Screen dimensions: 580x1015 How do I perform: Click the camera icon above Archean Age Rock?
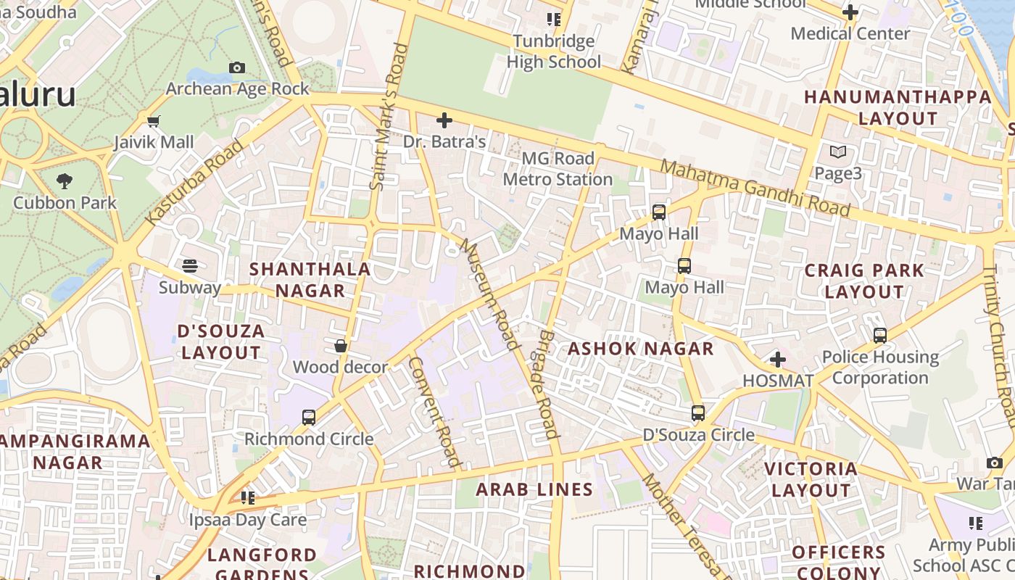pos(237,67)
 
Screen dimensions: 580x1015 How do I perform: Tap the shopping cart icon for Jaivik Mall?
pos(153,121)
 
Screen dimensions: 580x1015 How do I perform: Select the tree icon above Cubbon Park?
pos(65,181)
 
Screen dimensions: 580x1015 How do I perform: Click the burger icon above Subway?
pos(190,266)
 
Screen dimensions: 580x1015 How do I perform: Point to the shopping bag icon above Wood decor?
pos(340,346)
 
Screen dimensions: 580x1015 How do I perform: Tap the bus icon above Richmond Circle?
pos(309,418)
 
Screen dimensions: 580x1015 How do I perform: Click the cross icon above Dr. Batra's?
pos(444,120)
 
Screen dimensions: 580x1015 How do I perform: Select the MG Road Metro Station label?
pos(558,169)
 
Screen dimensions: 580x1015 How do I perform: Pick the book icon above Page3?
pos(838,152)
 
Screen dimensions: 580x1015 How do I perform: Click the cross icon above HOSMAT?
pos(778,360)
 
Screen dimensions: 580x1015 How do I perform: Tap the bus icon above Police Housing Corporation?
pos(880,336)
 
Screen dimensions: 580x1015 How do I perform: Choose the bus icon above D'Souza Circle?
pos(698,413)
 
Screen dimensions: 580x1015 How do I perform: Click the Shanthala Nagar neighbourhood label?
pos(310,280)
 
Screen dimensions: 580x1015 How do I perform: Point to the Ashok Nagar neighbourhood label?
pos(640,349)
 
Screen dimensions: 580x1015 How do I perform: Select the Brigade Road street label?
pos(549,385)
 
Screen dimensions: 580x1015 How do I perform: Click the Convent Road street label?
pos(434,411)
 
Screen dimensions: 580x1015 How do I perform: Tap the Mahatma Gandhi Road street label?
pos(755,188)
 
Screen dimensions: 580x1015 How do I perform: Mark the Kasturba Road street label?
pos(194,182)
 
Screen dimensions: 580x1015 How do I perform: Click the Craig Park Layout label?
pos(864,281)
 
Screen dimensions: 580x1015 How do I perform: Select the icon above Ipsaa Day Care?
pos(248,498)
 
